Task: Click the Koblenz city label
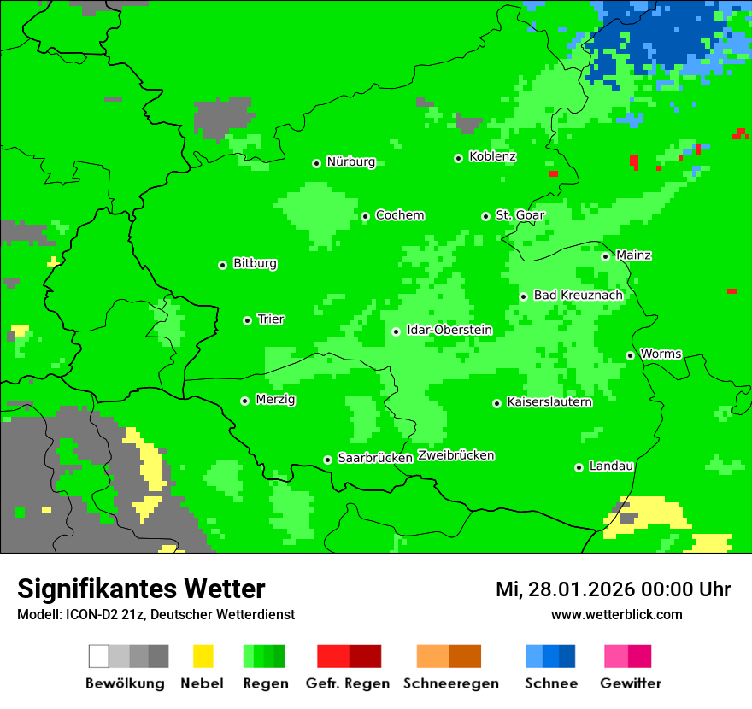tap(492, 156)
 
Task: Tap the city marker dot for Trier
tap(247, 320)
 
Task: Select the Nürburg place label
tap(350, 161)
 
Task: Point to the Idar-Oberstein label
tap(449, 330)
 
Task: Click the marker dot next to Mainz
tap(605, 256)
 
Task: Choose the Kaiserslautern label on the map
tap(549, 401)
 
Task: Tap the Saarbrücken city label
tap(375, 458)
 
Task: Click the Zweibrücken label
tap(456, 455)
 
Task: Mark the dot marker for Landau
tap(579, 467)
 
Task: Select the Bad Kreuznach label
tap(578, 295)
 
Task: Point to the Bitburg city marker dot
tap(222, 265)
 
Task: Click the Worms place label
tap(661, 354)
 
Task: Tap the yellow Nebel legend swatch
tap(203, 656)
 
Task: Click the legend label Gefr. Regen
tap(348, 683)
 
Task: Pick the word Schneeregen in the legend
tap(451, 683)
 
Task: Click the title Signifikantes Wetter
tap(141, 589)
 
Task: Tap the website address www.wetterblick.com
tap(616, 614)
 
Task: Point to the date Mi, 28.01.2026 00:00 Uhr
tap(613, 589)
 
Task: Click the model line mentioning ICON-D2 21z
tap(156, 614)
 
